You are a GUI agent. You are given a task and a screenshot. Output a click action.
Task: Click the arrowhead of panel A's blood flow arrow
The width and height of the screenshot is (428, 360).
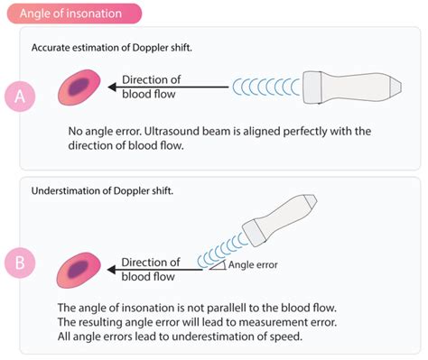(111, 88)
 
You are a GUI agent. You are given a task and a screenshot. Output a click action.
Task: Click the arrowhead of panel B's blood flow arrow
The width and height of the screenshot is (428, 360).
(111, 269)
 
